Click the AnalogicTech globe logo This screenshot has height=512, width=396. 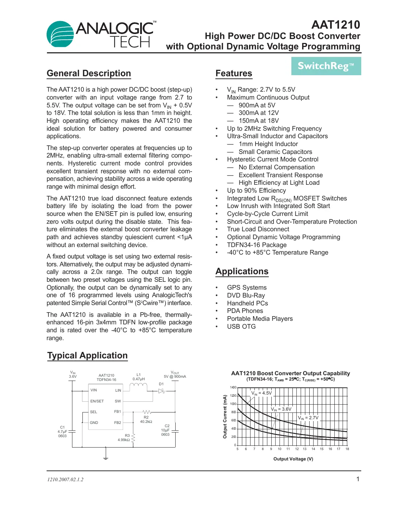(x=60, y=34)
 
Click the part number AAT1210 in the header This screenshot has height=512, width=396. (x=335, y=24)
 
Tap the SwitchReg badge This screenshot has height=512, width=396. (x=326, y=66)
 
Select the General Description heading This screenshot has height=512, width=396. (x=89, y=73)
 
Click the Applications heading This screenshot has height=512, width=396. (x=242, y=271)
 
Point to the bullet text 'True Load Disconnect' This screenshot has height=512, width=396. (x=258, y=229)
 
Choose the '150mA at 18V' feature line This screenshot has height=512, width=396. (x=259, y=121)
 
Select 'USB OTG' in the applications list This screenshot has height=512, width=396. (x=241, y=327)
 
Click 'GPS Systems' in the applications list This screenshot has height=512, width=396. (x=247, y=288)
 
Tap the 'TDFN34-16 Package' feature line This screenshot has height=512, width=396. (x=257, y=245)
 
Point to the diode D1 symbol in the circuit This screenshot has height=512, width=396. (x=162, y=391)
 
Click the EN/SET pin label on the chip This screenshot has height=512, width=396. (x=97, y=401)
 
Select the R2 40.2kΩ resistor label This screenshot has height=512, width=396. (x=146, y=419)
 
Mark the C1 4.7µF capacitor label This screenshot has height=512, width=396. (x=62, y=431)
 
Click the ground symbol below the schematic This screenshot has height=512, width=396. (x=106, y=458)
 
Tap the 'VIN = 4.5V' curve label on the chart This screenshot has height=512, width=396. (x=262, y=393)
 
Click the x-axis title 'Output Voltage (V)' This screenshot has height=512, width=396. (x=293, y=459)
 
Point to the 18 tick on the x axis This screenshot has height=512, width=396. (x=347, y=449)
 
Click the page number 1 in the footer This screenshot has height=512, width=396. (x=358, y=479)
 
